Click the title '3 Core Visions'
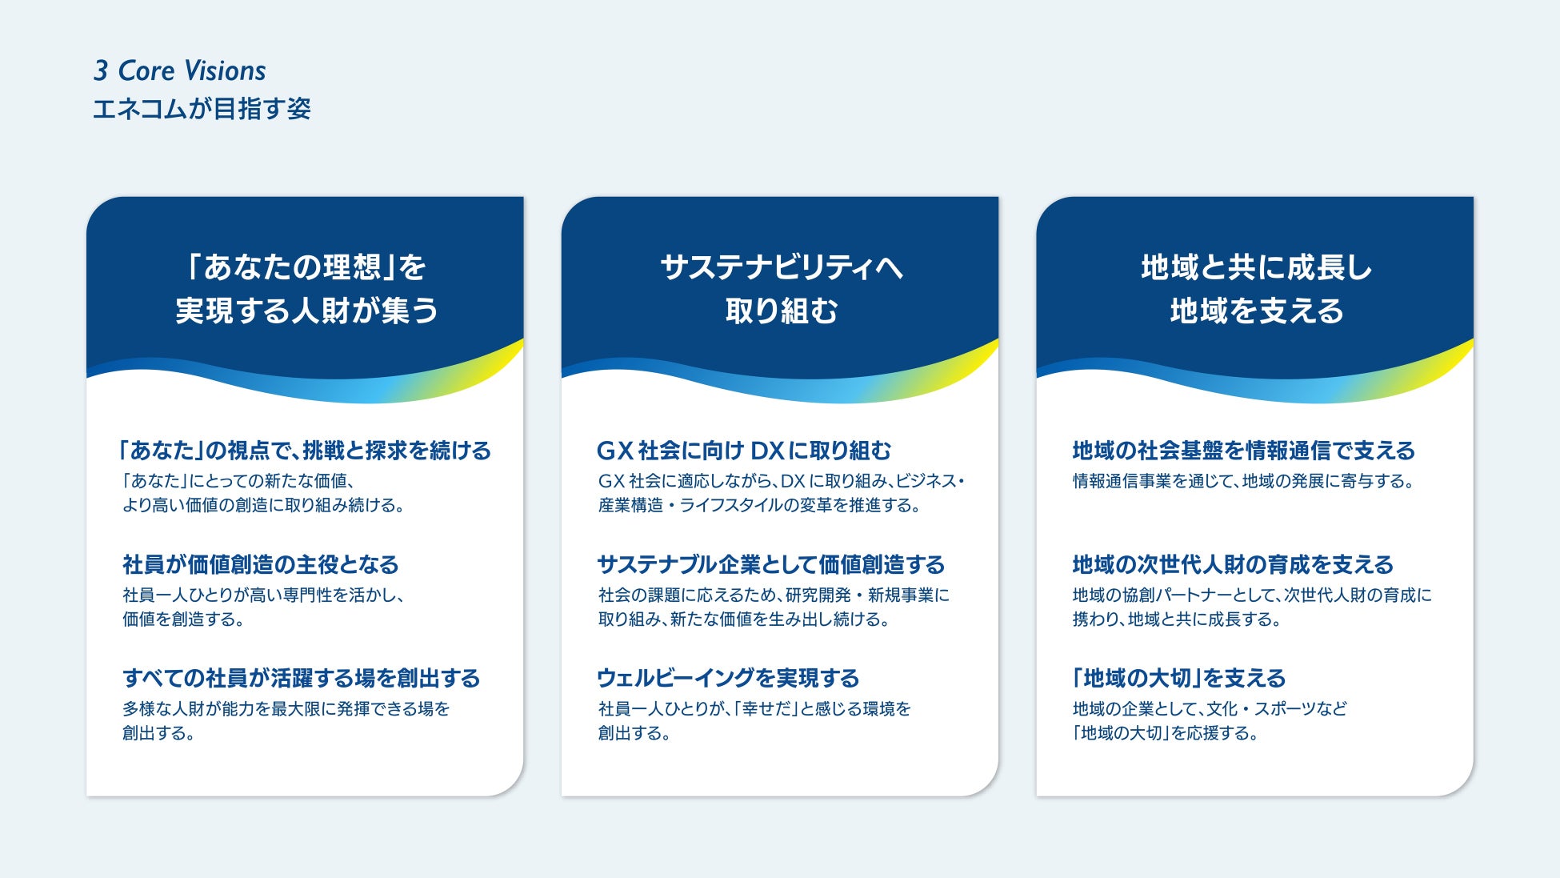179,70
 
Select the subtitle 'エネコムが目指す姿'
202,109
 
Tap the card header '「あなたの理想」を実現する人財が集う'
306,288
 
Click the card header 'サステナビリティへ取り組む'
781,288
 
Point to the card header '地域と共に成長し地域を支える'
1255,288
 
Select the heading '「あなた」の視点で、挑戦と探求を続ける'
305,451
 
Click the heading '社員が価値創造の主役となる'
260,564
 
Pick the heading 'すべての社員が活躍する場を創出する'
301,678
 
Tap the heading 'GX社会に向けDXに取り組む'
744,451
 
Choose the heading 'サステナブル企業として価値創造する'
771,564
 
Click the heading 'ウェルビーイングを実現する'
728,678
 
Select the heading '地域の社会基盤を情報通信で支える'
1243,451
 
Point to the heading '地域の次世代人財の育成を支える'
1233,564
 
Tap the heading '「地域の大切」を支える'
1178,678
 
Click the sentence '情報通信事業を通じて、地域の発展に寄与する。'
1244,481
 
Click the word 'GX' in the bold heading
614,451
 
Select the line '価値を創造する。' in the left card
183,619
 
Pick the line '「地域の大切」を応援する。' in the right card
1166,733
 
